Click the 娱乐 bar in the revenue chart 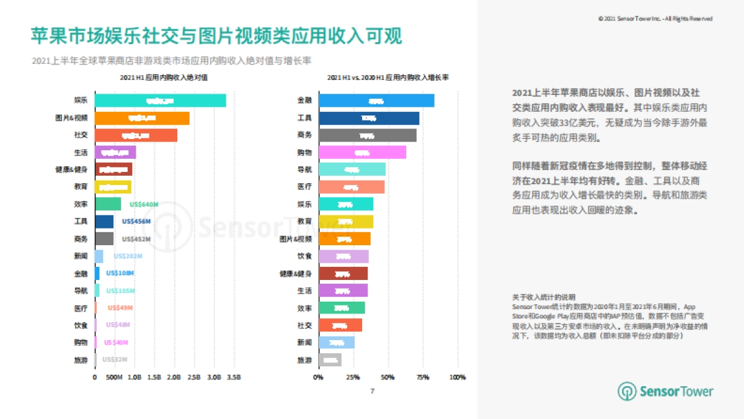[160, 101]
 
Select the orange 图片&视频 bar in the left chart [142, 118]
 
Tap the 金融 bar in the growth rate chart [376, 101]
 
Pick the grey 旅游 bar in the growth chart [329, 359]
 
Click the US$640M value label [144, 204]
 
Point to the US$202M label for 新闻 [128, 256]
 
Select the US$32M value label [115, 359]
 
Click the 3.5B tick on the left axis [234, 377]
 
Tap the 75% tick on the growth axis [422, 377]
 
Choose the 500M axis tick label [114, 377]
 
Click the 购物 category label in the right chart [304, 152]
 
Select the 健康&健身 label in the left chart [71, 169]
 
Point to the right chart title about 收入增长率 [388, 78]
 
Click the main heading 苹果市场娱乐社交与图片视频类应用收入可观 [216, 35]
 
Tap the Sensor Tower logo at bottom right [665, 391]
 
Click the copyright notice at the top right [655, 19]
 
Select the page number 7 [372, 391]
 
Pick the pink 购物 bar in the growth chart [362, 152]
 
